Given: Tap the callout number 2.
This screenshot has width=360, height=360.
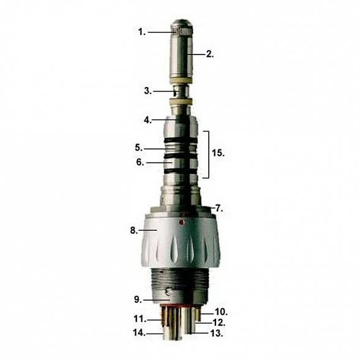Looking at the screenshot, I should pos(209,54).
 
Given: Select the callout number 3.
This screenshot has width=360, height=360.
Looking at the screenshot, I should pos(147,91).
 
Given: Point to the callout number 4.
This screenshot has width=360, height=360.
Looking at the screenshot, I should pos(147,120).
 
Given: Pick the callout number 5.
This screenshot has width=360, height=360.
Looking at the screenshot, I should pos(139,148).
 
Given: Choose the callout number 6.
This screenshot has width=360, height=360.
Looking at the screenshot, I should pos(139,163).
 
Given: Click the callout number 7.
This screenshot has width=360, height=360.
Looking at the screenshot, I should pos(219,208).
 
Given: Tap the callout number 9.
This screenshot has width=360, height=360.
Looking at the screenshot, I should pos(138,299).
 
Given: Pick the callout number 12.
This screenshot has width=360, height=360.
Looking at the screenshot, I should pos(219,321).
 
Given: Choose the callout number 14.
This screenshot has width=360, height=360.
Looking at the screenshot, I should pos(138,333).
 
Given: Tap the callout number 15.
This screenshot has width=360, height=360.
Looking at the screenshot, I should pos(217,153).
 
